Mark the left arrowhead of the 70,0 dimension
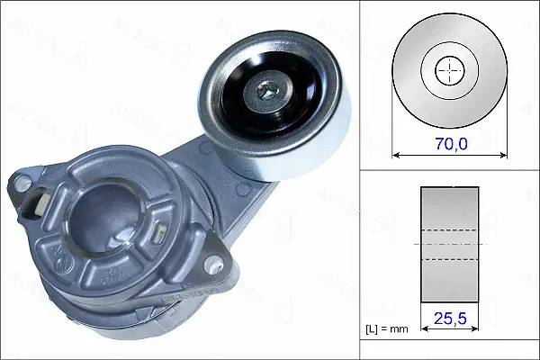(397, 155)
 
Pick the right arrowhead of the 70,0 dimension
(503, 155)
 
